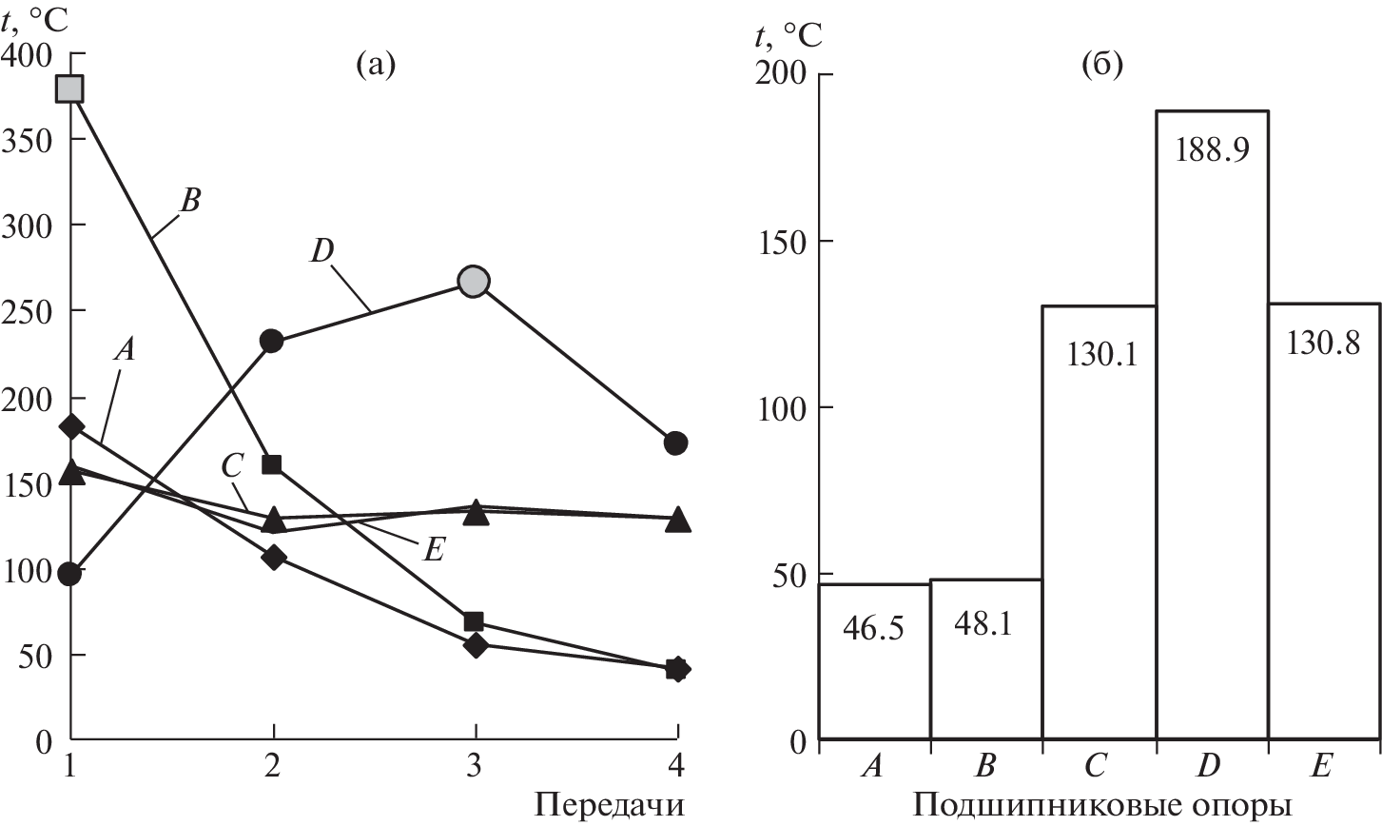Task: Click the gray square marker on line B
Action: (x=70, y=88)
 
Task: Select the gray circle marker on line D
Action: (x=474, y=281)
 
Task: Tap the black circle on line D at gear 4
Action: (x=676, y=442)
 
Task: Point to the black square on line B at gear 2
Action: (x=272, y=464)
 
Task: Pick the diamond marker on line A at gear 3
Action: (x=476, y=644)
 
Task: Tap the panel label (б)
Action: (x=1102, y=66)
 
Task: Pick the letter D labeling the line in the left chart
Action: (x=321, y=251)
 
